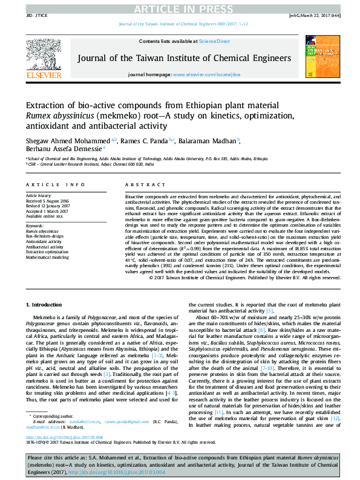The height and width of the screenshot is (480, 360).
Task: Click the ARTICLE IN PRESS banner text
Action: pos(180,8)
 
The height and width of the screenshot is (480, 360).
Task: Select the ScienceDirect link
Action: pos(215,41)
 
